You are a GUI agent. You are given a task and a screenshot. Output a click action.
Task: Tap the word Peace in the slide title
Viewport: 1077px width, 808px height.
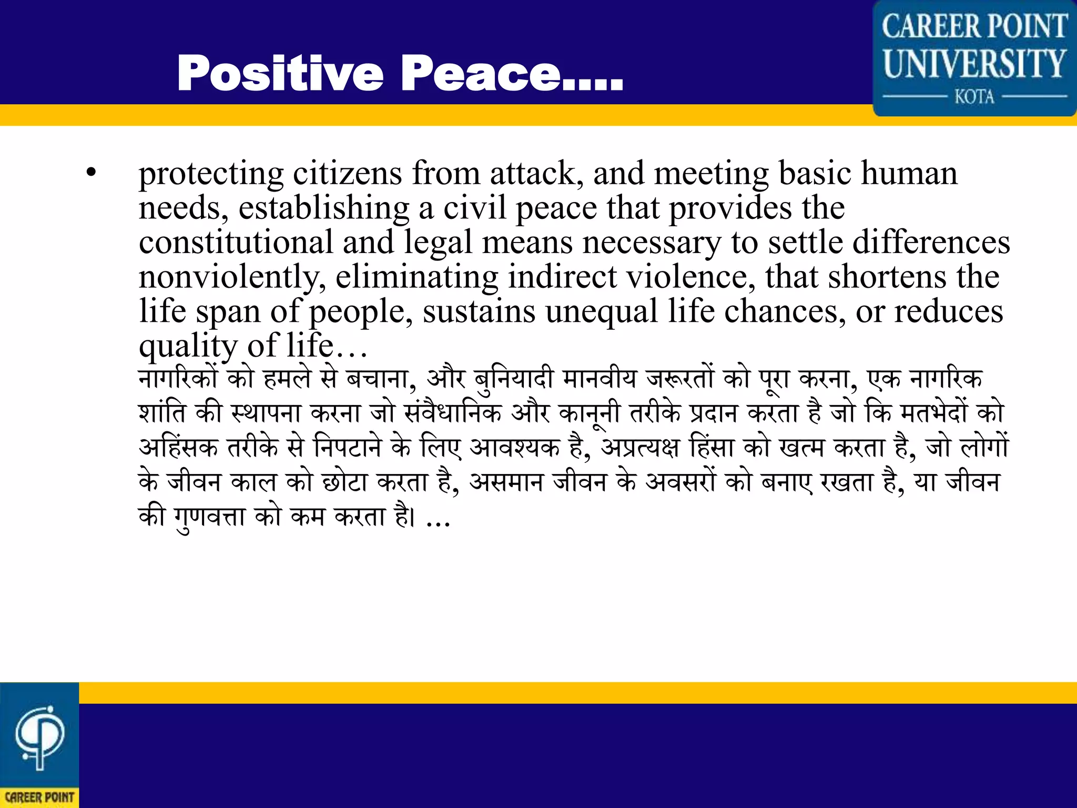tap(481, 74)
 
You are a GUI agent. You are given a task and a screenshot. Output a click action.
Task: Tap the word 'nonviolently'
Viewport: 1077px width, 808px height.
tap(231, 277)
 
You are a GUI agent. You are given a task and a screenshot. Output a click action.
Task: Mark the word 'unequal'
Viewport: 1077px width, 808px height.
tap(602, 311)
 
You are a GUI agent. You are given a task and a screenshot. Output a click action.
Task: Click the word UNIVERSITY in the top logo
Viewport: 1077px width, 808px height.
tap(974, 64)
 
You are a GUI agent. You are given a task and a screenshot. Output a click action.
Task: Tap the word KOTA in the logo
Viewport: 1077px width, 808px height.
tap(974, 97)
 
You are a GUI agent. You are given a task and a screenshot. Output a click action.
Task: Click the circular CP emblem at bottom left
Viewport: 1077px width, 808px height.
tap(40, 736)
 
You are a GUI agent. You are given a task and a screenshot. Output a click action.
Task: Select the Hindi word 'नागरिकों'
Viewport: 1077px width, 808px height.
tap(178, 379)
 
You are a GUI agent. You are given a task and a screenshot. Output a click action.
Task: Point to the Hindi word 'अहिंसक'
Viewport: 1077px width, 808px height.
tap(178, 448)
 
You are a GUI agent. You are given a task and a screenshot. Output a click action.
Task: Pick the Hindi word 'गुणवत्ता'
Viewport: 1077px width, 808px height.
tap(210, 517)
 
